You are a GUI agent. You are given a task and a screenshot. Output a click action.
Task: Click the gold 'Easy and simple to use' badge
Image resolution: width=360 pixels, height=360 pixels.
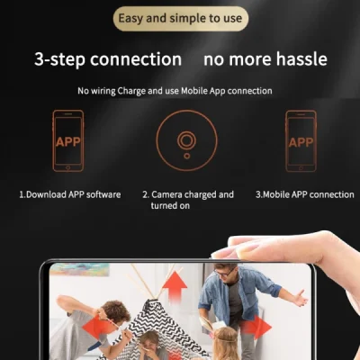[181, 19]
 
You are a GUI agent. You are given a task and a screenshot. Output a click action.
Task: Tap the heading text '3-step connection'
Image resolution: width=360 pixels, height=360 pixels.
[108, 59]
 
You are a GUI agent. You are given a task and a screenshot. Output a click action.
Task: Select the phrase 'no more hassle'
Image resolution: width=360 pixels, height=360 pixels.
[265, 59]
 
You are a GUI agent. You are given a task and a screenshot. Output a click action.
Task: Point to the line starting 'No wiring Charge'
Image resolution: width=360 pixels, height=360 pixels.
[175, 91]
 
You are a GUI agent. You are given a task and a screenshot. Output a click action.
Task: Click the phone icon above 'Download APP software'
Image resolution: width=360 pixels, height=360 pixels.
[67, 140]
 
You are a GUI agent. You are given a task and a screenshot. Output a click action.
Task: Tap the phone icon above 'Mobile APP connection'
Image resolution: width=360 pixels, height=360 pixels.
[300, 140]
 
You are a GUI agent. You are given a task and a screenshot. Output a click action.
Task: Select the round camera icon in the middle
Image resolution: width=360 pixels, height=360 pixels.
[186, 140]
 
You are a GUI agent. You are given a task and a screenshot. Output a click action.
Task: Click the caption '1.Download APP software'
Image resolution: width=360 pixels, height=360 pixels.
[70, 194]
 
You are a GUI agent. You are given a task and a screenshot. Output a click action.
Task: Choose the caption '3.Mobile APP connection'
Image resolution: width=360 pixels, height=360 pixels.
[304, 194]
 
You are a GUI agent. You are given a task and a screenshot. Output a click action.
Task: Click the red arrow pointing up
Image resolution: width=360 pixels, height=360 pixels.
[175, 286]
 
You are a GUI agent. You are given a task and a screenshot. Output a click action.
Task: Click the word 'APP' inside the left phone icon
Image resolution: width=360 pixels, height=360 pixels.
[67, 142]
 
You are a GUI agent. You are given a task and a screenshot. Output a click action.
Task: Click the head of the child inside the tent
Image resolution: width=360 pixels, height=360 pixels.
[150, 342]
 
